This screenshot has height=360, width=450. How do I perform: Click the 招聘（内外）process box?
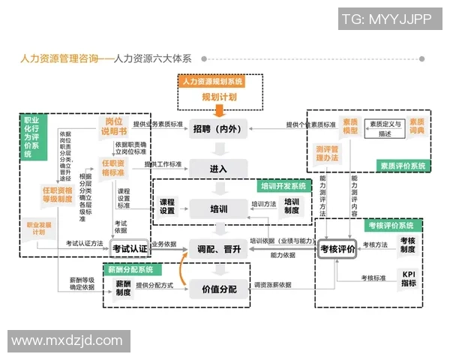coord(217,128)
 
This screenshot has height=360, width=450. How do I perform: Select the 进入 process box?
coord(217,168)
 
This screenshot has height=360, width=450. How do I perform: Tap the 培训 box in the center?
coord(217,208)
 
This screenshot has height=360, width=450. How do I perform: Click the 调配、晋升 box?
coord(217,248)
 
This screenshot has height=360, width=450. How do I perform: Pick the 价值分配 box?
coord(217,288)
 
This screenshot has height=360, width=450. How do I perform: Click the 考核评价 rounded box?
coord(337,248)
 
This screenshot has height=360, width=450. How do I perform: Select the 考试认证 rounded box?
coord(130,248)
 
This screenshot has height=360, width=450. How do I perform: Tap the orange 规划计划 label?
coord(219,97)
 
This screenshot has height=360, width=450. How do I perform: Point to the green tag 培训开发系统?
coord(283,186)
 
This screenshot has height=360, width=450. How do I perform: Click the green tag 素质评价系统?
coord(402,165)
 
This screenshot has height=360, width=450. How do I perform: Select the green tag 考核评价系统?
coord(391,225)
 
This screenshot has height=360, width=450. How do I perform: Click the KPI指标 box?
coord(407,278)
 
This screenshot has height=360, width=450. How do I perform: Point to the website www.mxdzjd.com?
coord(67,340)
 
